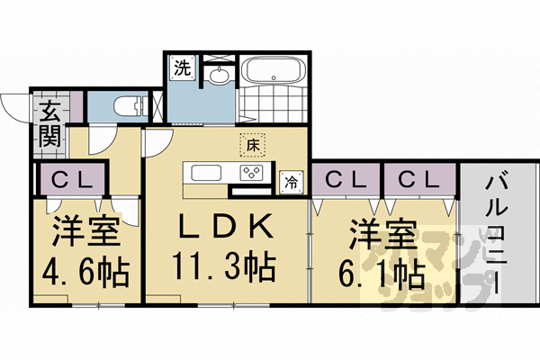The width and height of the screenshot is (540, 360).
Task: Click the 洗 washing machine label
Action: [182, 68]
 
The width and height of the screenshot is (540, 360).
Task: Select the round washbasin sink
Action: [219, 77]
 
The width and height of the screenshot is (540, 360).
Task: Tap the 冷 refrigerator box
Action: [292, 180]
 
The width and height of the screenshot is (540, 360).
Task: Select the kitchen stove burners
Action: [251, 173]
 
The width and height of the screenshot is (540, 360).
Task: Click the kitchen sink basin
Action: [203, 173]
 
